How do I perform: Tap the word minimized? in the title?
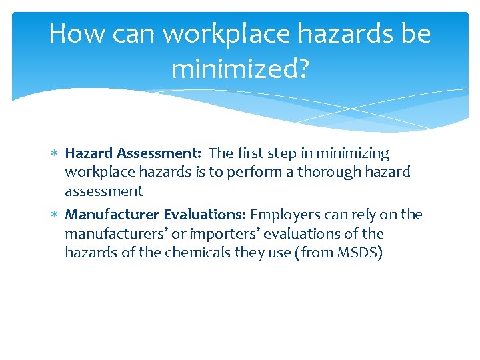(x=240, y=68)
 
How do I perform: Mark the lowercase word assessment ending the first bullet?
(x=103, y=191)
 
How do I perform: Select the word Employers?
(x=283, y=215)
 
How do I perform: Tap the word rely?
(x=357, y=215)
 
